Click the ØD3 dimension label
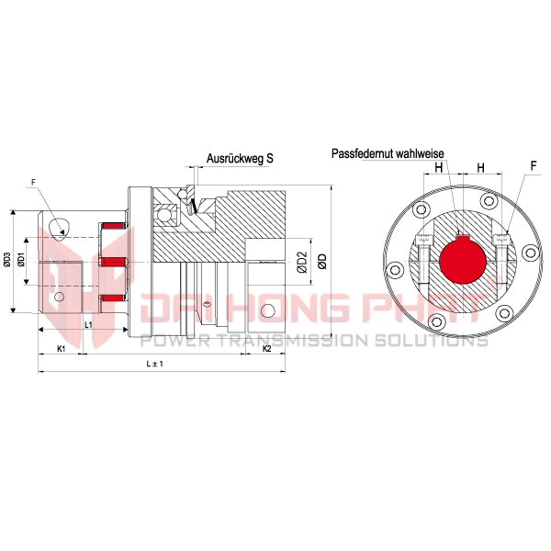point(6,262)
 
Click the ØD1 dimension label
point(22,259)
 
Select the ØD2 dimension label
point(302,262)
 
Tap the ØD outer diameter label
point(322,262)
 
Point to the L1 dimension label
point(88,325)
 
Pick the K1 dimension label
point(62,349)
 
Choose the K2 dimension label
point(267,349)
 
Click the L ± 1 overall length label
point(154,364)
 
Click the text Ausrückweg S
point(240,159)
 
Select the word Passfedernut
point(363,153)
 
